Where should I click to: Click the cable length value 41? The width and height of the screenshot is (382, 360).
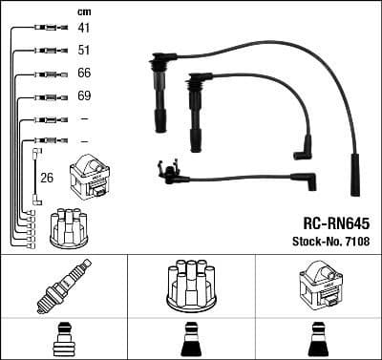[x=84, y=29]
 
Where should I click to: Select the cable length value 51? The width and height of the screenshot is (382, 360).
[x=84, y=51]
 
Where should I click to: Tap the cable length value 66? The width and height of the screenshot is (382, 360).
[x=84, y=74]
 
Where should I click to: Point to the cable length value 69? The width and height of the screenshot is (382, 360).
[x=84, y=96]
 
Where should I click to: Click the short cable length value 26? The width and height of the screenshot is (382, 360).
[x=46, y=177]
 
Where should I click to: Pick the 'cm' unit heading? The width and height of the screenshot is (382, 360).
[x=83, y=11]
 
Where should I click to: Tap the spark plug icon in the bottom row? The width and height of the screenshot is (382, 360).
[x=63, y=285]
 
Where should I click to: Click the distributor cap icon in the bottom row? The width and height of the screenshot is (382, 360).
[x=190, y=285]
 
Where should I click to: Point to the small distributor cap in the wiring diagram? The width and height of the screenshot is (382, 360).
[x=70, y=224]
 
